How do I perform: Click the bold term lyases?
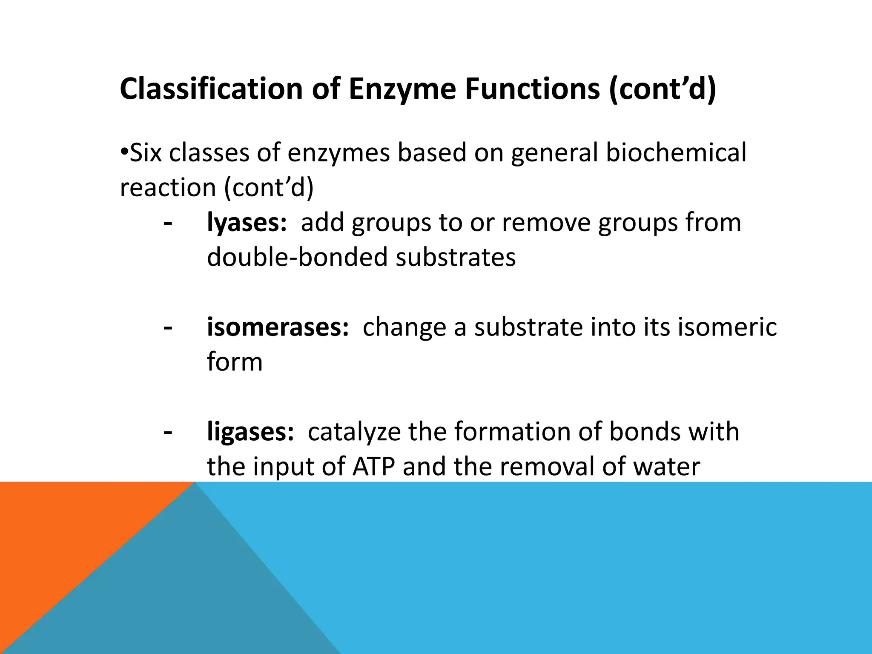[x=247, y=223]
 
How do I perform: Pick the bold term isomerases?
[x=278, y=327]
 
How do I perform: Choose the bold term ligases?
[x=250, y=432]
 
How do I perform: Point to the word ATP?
[x=373, y=467]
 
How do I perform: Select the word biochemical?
[x=676, y=153]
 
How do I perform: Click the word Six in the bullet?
[x=145, y=153]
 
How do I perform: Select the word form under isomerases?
[x=235, y=362]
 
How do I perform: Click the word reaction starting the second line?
[x=168, y=188]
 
